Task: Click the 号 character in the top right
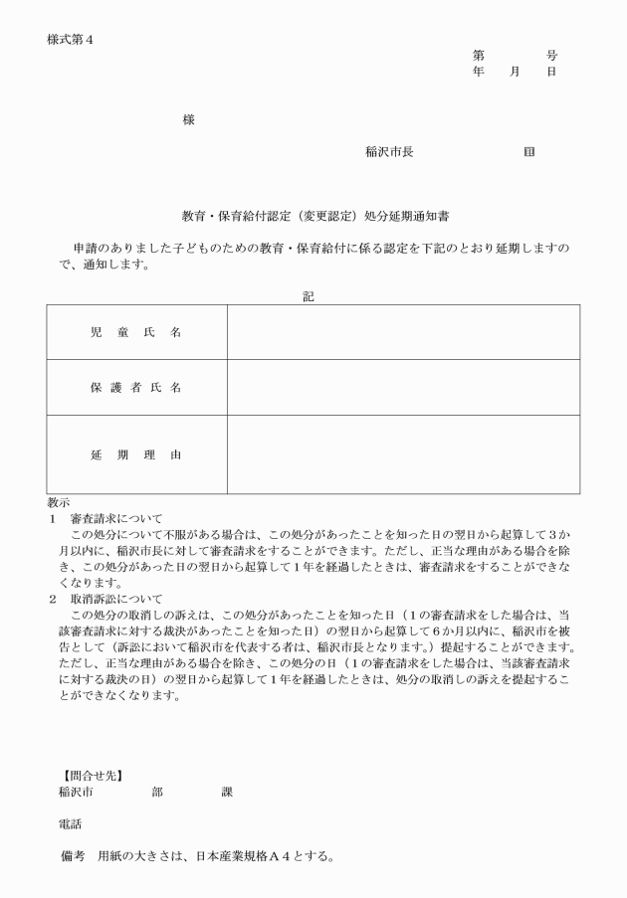pyautogui.click(x=551, y=56)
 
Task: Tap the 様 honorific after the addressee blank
pyautogui.click(x=188, y=120)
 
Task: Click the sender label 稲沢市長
pyautogui.click(x=389, y=152)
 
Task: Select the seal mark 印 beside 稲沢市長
pyautogui.click(x=528, y=152)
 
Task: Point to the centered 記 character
pyautogui.click(x=309, y=295)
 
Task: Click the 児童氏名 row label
pyautogui.click(x=135, y=332)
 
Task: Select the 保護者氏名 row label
pyautogui.click(x=135, y=387)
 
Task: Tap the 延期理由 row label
pyautogui.click(x=135, y=454)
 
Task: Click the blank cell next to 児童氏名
pyautogui.click(x=403, y=332)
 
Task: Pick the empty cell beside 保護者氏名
pyautogui.click(x=403, y=387)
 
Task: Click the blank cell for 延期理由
pyautogui.click(x=403, y=454)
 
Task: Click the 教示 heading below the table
pyautogui.click(x=59, y=502)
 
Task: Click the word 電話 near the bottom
pyautogui.click(x=71, y=824)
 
